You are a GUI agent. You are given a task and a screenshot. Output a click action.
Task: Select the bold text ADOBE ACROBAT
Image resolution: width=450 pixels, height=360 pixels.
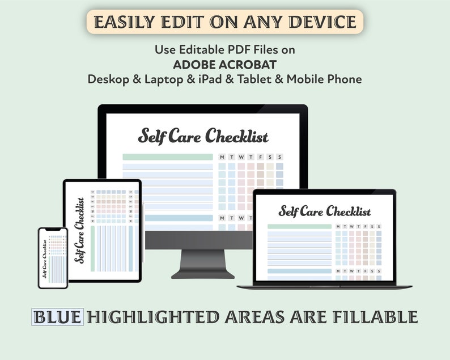coord(224,64)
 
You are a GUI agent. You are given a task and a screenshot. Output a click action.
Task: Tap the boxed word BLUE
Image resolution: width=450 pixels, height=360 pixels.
coord(58,317)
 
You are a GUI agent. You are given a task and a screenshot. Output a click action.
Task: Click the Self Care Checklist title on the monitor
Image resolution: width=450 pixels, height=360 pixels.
coord(203,137)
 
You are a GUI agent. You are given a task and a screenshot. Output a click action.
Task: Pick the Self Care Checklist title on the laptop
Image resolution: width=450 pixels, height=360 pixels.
coord(324,211)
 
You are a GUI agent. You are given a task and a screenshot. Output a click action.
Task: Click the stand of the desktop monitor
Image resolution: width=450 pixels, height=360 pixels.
coord(202,263)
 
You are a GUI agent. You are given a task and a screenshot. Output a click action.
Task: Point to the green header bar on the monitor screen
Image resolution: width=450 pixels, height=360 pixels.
coord(167,157)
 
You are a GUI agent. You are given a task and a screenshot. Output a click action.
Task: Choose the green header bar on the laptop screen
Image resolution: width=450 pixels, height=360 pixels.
coord(299,226)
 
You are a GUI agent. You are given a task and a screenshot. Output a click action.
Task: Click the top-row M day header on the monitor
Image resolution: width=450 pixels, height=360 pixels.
coord(222,157)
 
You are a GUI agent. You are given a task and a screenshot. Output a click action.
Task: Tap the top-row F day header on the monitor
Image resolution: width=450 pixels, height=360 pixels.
coord(260,157)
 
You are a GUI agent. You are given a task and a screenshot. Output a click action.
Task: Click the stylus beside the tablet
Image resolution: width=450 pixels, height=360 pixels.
coord(144,232)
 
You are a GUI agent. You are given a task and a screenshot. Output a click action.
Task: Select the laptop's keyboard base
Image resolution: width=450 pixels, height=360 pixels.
coord(324,285)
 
